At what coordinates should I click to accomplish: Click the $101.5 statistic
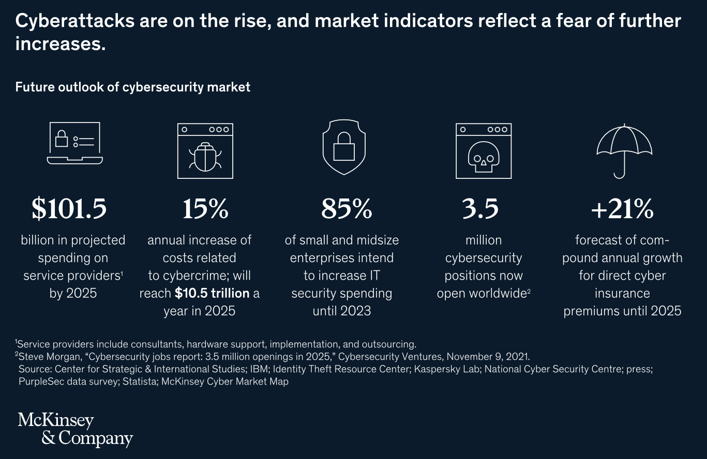tap(69, 208)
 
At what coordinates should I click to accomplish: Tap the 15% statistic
tap(205, 208)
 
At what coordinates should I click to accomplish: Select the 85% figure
tap(347, 208)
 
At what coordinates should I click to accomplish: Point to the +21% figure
tap(622, 208)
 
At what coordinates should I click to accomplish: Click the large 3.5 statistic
tap(480, 208)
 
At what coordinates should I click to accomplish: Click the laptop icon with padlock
tap(75, 143)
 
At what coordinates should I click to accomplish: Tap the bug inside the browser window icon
tap(205, 157)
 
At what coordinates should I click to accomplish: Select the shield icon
tap(344, 147)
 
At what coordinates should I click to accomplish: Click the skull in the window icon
tap(484, 157)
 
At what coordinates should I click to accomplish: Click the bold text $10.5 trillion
tap(212, 294)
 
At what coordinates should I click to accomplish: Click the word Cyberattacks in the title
tap(75, 21)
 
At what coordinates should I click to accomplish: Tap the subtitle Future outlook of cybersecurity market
tap(132, 87)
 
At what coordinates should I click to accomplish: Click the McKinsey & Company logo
tap(76, 430)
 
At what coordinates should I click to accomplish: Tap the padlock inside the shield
tap(344, 147)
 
